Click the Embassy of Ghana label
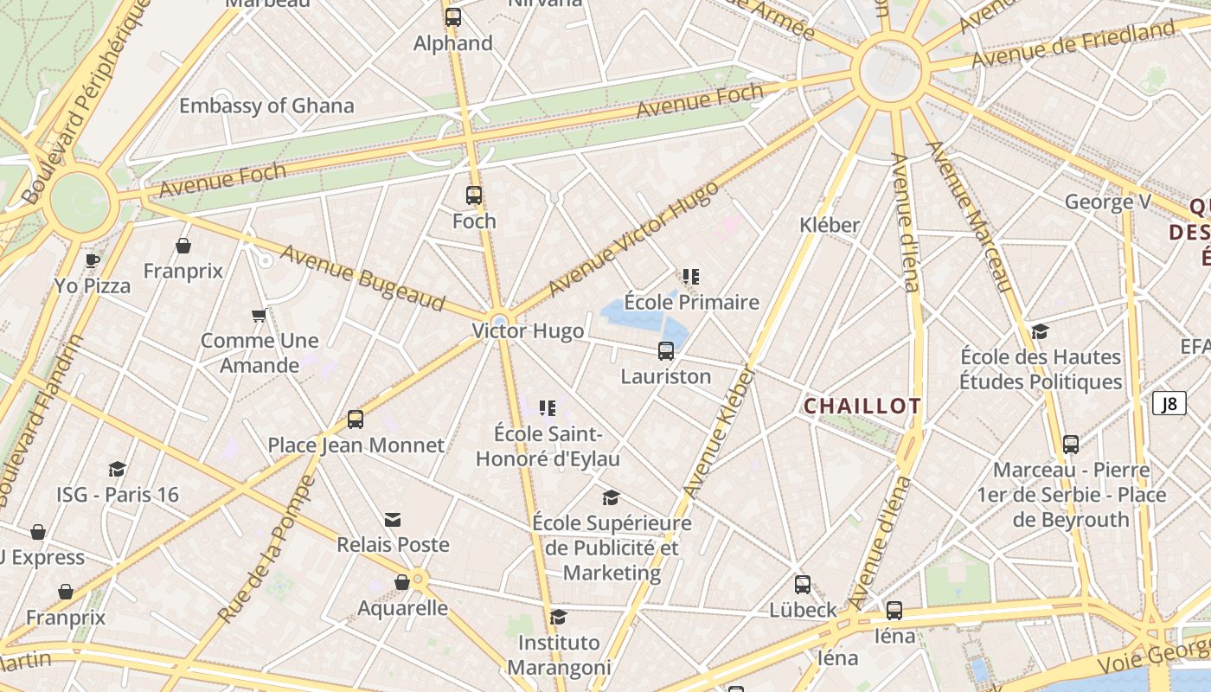266,106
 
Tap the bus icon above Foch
474,195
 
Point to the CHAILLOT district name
862,406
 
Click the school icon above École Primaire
690,277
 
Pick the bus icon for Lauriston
666,351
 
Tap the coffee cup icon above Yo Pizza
93,259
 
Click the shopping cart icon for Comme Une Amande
259,315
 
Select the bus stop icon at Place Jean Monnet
355,420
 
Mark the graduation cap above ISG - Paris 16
117,469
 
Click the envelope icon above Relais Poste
393,519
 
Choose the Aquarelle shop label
403,608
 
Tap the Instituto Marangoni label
559,655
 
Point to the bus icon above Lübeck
803,584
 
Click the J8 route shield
1169,403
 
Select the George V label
1107,202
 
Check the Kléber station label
830,225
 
